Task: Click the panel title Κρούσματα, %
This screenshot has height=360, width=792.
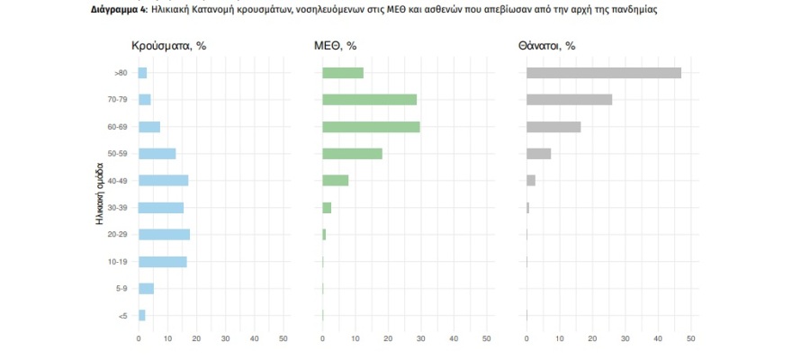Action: [169, 45]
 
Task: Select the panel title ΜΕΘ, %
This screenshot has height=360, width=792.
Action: [335, 45]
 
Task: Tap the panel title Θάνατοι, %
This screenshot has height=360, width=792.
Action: [546, 45]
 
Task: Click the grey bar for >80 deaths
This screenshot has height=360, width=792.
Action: [603, 73]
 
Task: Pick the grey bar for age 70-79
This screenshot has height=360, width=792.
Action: [569, 100]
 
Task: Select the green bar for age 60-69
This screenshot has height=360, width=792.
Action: [371, 127]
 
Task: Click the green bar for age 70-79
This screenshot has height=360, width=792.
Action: [369, 100]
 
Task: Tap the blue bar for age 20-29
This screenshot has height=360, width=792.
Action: [164, 234]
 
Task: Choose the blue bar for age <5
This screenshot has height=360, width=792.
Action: [141, 315]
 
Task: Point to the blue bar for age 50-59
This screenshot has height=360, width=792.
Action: [157, 154]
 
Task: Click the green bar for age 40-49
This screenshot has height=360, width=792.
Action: [335, 180]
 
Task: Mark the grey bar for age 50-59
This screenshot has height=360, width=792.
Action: [538, 154]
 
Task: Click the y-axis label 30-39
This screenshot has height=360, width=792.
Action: [116, 208]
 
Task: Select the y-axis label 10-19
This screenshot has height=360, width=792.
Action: [116, 262]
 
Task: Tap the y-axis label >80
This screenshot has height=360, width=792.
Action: [120, 73]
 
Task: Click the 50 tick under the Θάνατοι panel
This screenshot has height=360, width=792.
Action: [690, 338]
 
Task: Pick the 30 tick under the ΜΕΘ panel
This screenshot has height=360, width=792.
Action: [420, 338]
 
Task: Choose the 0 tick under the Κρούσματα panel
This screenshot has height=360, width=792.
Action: [139, 338]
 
